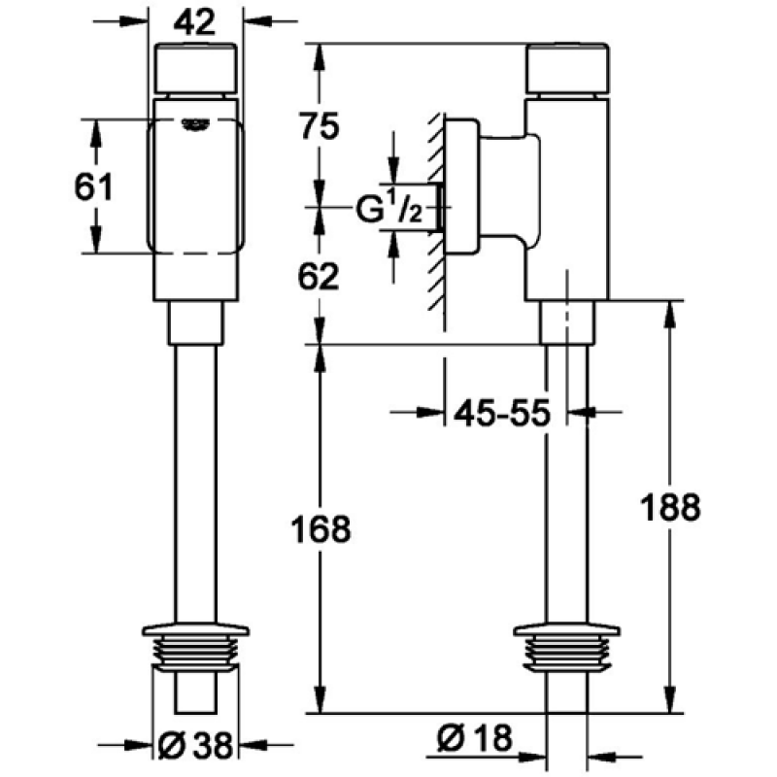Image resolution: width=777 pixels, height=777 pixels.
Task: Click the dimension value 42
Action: (x=195, y=22)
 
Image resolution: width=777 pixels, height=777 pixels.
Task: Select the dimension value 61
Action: (x=93, y=186)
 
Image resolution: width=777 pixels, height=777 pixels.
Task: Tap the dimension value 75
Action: (x=320, y=126)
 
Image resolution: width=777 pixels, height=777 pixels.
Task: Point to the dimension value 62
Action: (x=319, y=276)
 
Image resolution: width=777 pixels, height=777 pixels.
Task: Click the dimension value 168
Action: (x=321, y=529)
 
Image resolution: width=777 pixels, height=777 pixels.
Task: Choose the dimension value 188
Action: (x=670, y=507)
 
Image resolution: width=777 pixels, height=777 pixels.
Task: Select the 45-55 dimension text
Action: (x=502, y=412)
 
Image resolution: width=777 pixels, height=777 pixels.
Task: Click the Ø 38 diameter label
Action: (x=195, y=745)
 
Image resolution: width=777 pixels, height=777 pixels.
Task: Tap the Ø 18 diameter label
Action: (x=475, y=738)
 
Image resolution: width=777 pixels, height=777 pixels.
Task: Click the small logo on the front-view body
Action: (x=195, y=125)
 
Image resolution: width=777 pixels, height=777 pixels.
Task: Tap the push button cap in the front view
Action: (x=196, y=69)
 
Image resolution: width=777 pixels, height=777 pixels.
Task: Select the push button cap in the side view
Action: (x=567, y=69)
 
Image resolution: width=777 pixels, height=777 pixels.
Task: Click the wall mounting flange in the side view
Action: (x=462, y=186)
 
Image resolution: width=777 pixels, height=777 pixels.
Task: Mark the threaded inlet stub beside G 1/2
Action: (x=439, y=207)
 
